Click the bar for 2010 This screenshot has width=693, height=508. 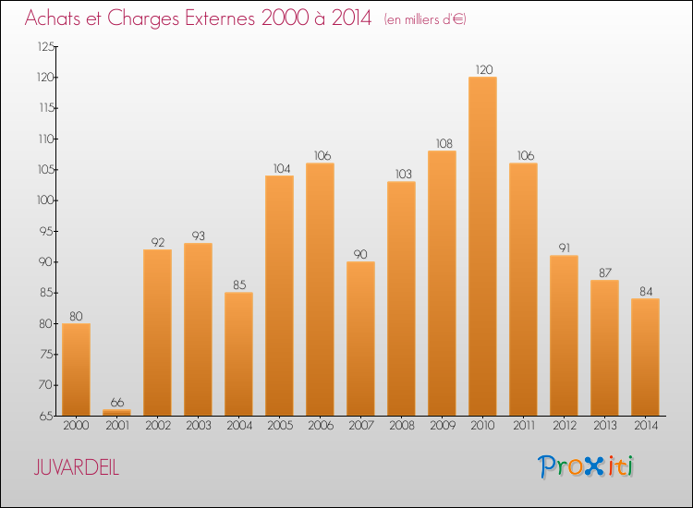[482, 246]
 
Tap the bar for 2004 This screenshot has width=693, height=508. [238, 354]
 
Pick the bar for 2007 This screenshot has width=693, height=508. [360, 338]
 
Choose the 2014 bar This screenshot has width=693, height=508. [645, 357]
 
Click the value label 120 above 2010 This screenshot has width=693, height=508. [482, 69]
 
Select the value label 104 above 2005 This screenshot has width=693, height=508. [279, 168]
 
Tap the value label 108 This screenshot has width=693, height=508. [442, 143]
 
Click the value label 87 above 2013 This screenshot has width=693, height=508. [604, 272]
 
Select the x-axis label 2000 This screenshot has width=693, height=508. [76, 427]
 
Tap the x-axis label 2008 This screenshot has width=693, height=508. [401, 427]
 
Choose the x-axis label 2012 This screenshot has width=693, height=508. [564, 427]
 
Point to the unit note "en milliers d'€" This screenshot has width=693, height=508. [425, 19]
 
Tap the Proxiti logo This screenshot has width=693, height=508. [586, 466]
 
